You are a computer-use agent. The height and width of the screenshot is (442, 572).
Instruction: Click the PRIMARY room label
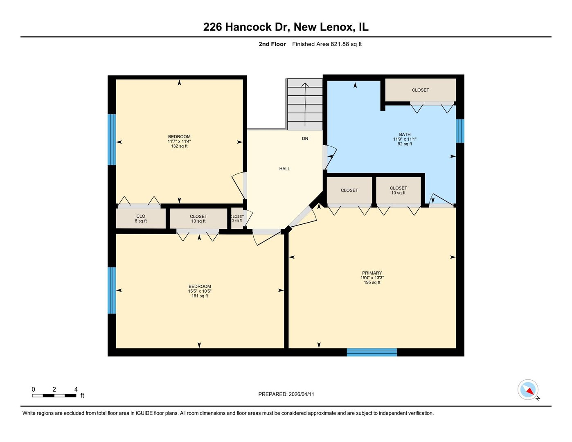(372, 273)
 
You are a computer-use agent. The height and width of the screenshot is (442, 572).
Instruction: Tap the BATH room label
(405, 134)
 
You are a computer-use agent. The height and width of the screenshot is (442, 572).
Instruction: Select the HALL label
(284, 169)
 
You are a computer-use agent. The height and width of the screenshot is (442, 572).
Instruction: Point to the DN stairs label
(305, 139)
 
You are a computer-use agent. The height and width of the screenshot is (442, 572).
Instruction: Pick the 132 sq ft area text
(179, 146)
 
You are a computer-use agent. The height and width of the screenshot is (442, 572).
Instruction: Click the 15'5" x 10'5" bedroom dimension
(200, 291)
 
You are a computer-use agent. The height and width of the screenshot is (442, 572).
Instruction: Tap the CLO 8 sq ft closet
(141, 219)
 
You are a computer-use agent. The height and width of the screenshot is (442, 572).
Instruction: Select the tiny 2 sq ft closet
(237, 219)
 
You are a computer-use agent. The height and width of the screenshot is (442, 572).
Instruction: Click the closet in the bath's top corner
(420, 90)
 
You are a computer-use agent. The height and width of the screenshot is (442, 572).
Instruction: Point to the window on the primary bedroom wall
(372, 352)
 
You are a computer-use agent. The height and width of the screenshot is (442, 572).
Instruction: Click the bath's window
(460, 131)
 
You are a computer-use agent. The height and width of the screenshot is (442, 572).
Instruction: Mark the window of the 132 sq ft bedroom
(112, 140)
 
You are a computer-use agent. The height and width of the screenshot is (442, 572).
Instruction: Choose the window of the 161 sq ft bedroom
(112, 291)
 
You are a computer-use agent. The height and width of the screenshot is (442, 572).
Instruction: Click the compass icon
(528, 390)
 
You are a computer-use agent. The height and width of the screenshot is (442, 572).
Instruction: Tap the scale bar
(54, 395)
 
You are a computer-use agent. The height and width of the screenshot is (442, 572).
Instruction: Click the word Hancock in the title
(248, 27)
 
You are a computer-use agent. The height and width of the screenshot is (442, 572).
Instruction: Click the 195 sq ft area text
(372, 282)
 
